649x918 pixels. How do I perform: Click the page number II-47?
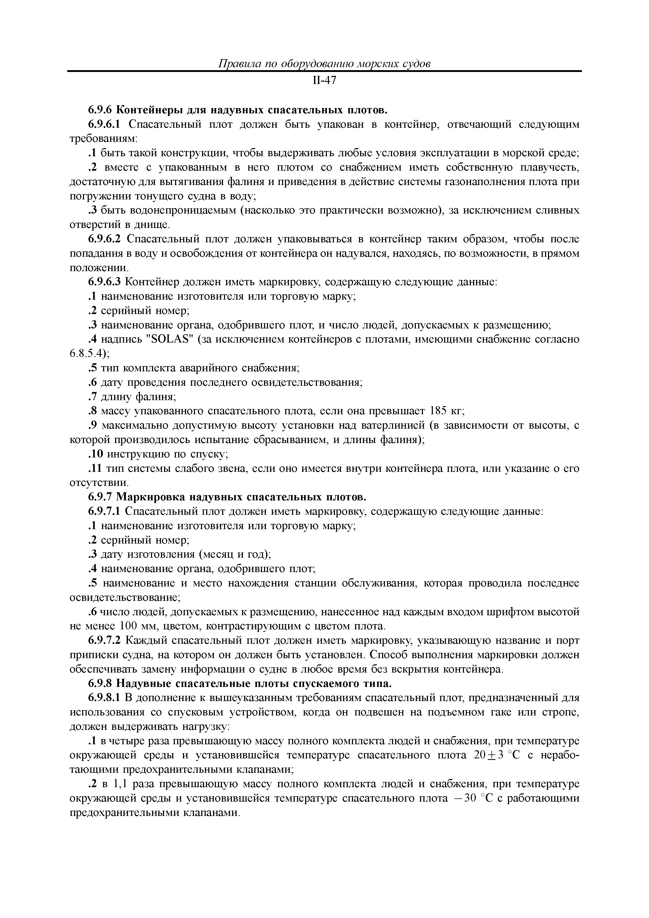[324, 80]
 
